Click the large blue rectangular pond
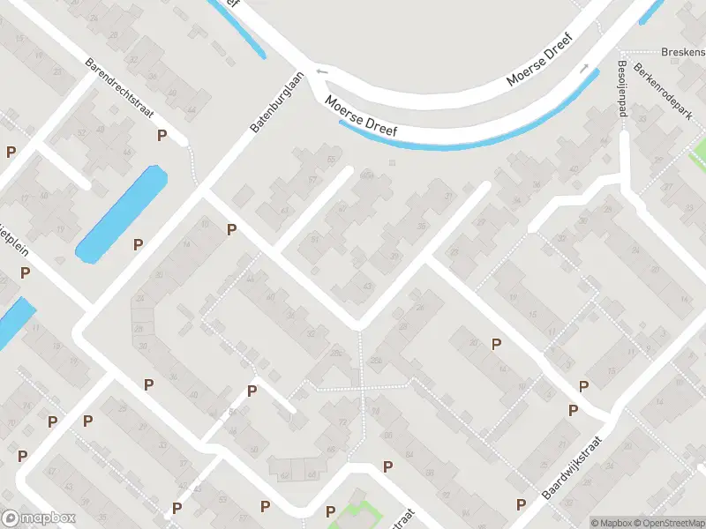pyautogui.click(x=122, y=214)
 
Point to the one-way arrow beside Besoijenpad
pyautogui.click(x=583, y=68)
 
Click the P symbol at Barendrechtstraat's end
pyautogui.click(x=161, y=135)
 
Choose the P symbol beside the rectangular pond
pyautogui.click(x=138, y=244)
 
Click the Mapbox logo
pyautogui.click(x=39, y=518)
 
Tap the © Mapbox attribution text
pyautogui.click(x=612, y=523)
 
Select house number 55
pyautogui.click(x=332, y=160)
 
